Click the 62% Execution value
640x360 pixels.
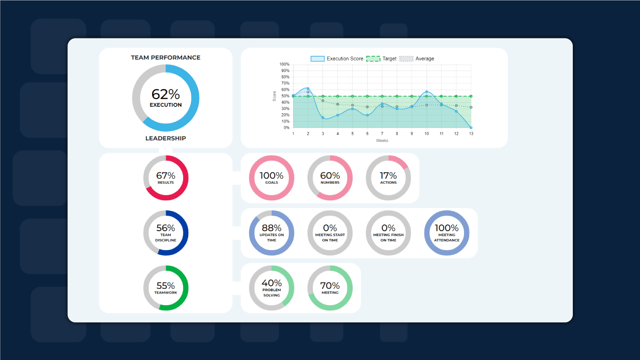[166, 94]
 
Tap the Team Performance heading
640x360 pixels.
[166, 58]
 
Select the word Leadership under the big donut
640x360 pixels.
[166, 138]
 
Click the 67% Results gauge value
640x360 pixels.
[166, 176]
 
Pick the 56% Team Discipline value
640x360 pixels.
[166, 228]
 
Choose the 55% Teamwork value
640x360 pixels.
[166, 286]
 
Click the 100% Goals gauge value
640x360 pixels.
[271, 176]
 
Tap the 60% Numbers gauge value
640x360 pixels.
[330, 176]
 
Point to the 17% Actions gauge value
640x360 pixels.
[388, 176]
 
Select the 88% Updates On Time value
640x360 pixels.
[272, 228]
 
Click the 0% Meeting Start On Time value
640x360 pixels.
[330, 228]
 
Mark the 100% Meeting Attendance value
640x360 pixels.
[447, 228]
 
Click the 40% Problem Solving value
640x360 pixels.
[272, 283]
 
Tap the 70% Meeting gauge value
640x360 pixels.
[330, 286]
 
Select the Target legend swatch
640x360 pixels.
[373, 59]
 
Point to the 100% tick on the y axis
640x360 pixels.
[284, 64]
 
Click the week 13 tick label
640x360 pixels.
[471, 134]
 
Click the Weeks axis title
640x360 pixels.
[382, 141]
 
